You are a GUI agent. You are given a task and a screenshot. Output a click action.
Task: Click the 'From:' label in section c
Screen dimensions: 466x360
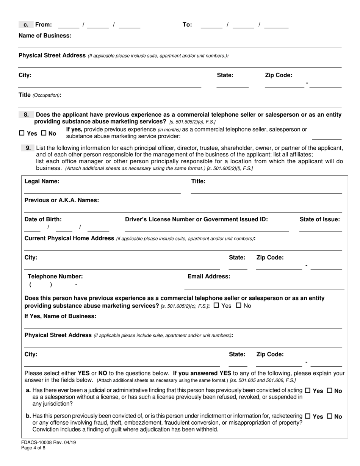[x=43, y=25]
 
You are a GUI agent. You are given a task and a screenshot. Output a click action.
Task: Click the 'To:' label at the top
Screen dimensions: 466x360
[x=187, y=25]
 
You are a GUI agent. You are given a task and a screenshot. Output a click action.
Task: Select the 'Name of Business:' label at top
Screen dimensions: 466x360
[x=45, y=36]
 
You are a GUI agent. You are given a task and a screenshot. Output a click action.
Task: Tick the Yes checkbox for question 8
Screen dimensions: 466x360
[x=22, y=133]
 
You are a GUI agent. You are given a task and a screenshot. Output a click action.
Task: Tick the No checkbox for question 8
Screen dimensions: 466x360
[x=43, y=133]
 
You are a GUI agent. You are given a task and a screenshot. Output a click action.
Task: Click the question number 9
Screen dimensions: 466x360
[x=28, y=148]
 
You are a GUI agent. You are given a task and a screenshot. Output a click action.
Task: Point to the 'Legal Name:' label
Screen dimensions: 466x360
[x=42, y=181]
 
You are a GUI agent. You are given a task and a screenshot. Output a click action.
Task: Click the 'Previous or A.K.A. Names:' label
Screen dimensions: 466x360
[x=62, y=200]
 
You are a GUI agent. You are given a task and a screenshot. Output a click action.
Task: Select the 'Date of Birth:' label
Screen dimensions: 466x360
[x=43, y=219]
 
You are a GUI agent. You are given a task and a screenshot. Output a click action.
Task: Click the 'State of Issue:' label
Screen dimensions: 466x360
[x=320, y=219]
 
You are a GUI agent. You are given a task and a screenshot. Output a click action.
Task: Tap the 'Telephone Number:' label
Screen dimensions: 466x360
[x=55, y=276]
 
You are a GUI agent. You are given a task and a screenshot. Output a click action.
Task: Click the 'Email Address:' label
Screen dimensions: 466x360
[x=209, y=276]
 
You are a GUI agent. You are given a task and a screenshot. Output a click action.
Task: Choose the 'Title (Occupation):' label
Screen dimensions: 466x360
[x=40, y=95]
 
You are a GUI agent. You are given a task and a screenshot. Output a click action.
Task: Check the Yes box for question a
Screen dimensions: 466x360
[x=307, y=391]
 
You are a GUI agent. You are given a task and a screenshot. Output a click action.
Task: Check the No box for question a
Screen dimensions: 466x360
[x=329, y=391]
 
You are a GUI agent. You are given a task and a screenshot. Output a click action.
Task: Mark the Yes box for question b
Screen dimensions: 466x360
[x=307, y=416]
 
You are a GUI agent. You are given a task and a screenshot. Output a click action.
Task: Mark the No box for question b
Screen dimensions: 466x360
[x=329, y=416]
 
